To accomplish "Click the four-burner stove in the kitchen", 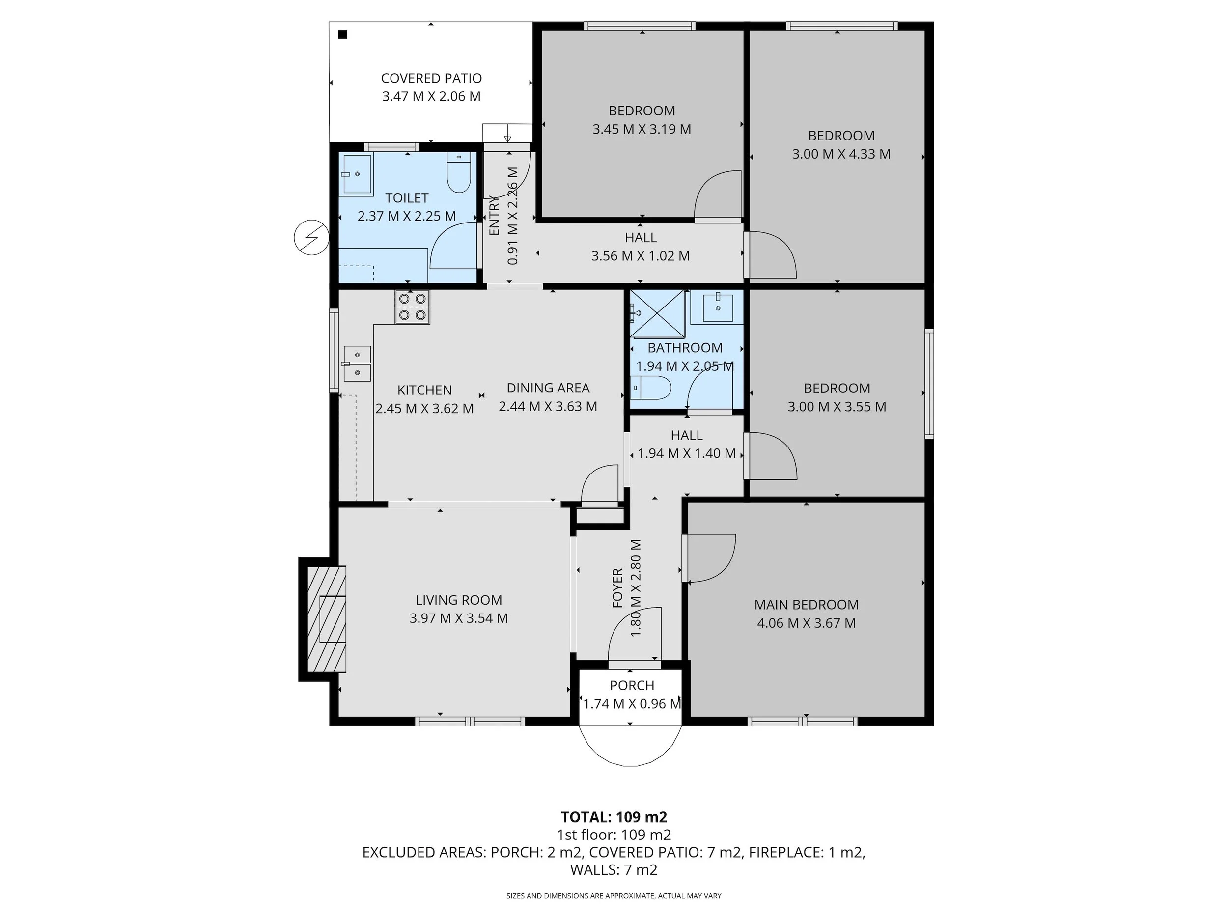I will point(412,307).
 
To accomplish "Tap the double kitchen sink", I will point(357,363).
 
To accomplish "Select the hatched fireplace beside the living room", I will point(327,619).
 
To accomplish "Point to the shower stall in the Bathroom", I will point(658,314).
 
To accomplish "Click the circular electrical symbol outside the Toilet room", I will point(311,238).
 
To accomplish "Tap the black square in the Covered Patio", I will point(342,35).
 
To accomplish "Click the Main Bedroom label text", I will point(806,605).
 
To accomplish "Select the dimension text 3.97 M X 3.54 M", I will point(459,618).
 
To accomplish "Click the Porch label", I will point(632,685).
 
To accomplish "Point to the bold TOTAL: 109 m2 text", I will point(614,817).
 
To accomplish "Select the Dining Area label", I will point(548,388).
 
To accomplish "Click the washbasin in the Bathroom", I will point(718,308).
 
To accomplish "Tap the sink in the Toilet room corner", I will point(357,174).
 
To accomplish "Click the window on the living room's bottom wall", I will point(470,721).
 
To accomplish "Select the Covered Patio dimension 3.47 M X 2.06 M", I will point(431,97).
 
